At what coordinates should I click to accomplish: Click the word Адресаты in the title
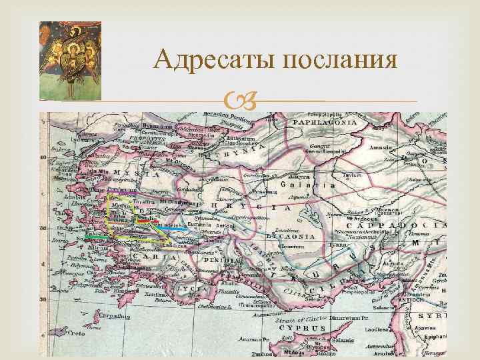click(214, 62)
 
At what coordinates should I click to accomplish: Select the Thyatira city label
click(143, 201)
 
